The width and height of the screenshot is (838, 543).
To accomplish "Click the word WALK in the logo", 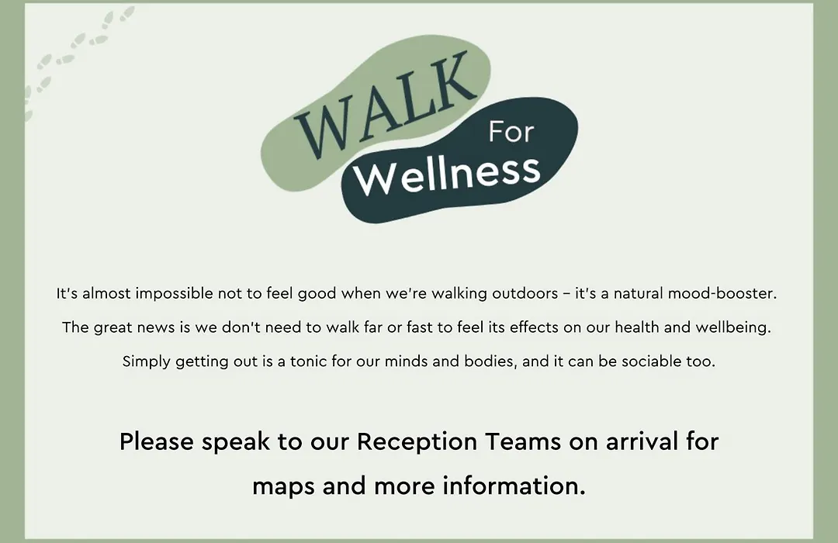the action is tap(386, 104).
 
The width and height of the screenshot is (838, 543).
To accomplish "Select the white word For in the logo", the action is tap(511, 132).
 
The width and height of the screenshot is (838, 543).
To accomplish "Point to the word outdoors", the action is tap(525, 293).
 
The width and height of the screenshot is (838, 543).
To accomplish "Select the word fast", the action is tap(420, 327).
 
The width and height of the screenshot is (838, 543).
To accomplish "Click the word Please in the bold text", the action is tap(157, 442).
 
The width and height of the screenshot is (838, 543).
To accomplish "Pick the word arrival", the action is tap(642, 442).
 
